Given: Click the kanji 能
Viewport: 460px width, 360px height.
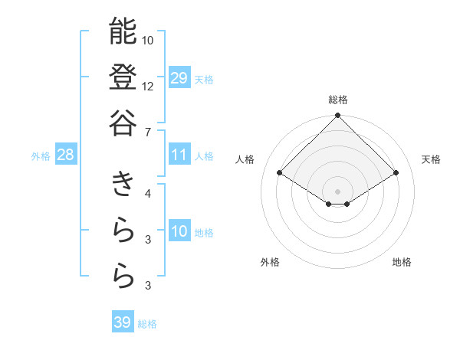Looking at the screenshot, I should point(123,32).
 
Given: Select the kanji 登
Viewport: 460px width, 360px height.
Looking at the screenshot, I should point(123,77).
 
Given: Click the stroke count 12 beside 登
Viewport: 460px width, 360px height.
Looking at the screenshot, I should point(148,86).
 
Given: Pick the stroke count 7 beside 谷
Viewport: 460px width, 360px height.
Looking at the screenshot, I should point(147,133).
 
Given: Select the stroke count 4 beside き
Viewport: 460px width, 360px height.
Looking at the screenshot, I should point(148,193).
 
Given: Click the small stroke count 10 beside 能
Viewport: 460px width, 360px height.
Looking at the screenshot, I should point(148,40).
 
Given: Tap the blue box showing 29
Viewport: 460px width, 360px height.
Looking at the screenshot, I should point(179,78).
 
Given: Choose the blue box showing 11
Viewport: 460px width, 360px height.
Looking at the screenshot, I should point(179,155).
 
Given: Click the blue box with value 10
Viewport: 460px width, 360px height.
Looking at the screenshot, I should point(179,231).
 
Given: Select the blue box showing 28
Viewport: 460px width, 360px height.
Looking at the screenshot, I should point(66,155).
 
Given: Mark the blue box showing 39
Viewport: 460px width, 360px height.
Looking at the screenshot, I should point(123,322).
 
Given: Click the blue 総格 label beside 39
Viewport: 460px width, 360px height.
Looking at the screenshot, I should point(147,324).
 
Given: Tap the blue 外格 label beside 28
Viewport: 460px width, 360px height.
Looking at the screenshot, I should point(41,156).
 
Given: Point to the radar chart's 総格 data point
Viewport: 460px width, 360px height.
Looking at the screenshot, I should point(337,116).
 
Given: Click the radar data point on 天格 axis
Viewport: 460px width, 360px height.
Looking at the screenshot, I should point(396,173).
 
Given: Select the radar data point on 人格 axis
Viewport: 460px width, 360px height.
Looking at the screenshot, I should point(279,173).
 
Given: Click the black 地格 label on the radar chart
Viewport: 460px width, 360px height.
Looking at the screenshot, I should point(402,262).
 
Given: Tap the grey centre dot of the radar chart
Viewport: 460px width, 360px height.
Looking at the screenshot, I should point(337,191).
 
